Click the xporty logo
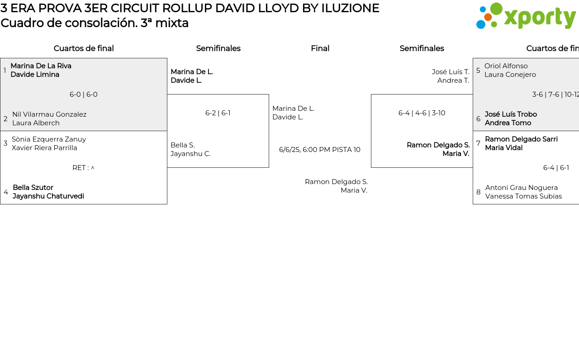pyautogui.click(x=526, y=16)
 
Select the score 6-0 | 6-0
pyautogui.click(x=84, y=95)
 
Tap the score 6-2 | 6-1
pyautogui.click(x=218, y=113)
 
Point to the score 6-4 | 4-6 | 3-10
pyautogui.click(x=422, y=113)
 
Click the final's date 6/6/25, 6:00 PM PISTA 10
pyautogui.click(x=320, y=150)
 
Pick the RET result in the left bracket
pyautogui.click(x=84, y=168)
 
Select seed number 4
pyautogui.click(x=5, y=192)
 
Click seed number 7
pyautogui.click(x=478, y=143)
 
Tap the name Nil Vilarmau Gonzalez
pyautogui.click(x=49, y=114)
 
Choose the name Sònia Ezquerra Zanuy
pyautogui.click(x=49, y=139)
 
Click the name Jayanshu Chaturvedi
pyautogui.click(x=48, y=196)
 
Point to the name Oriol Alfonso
pyautogui.click(x=506, y=66)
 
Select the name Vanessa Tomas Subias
pyautogui.click(x=523, y=196)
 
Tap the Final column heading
pyautogui.click(x=320, y=48)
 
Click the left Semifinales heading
pyautogui.click(x=218, y=48)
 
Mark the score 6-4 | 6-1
pyautogui.click(x=556, y=168)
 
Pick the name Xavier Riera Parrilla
pyautogui.click(x=44, y=148)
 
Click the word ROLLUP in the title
pyautogui.click(x=187, y=8)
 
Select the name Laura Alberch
pyautogui.click(x=36, y=123)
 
